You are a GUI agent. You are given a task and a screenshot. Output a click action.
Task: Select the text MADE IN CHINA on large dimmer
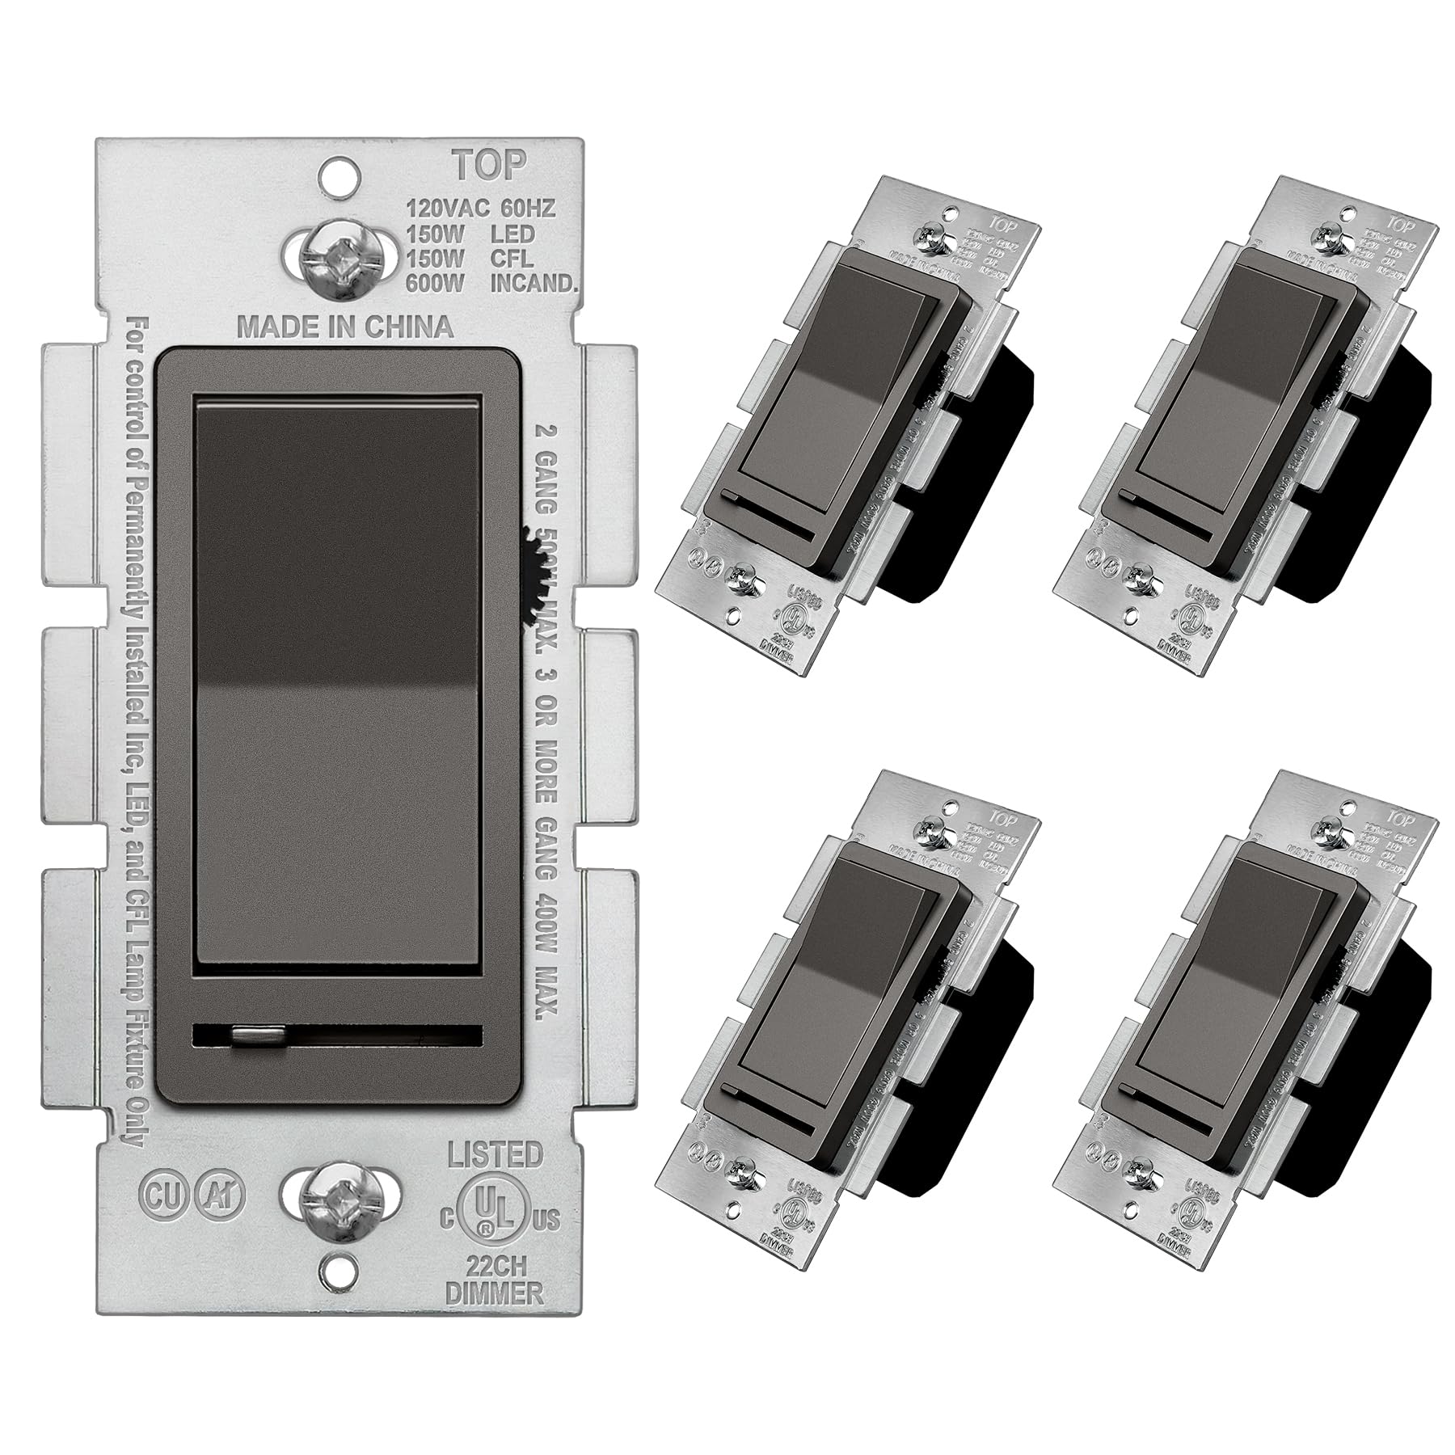coord(344,327)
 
